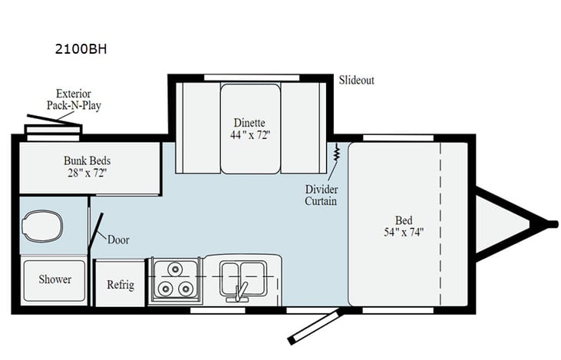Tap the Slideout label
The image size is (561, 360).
coord(357,80)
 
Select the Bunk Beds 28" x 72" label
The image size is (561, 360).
coord(87,167)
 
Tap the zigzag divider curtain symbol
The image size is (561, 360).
coord(336,154)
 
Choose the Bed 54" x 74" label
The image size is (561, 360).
coord(404,225)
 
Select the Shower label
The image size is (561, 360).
coord(55,279)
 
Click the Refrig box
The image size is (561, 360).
coord(120,285)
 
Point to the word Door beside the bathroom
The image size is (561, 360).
coord(118,239)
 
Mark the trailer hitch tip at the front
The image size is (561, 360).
coord(551,223)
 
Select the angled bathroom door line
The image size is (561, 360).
coord(96,226)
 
